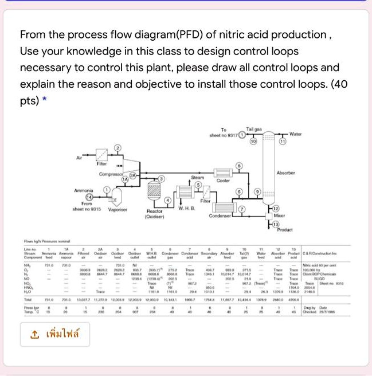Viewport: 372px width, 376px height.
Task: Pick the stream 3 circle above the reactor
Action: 162,179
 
